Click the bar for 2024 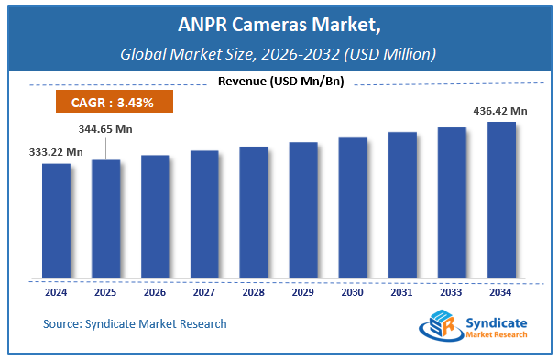[x=56, y=221]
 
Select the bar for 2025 [x=105, y=219]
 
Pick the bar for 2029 [x=303, y=210]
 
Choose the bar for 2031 [x=402, y=205]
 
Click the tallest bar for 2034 [x=500, y=200]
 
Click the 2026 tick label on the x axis [x=155, y=293]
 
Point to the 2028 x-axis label [x=254, y=293]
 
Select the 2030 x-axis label [x=353, y=293]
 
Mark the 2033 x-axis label [x=452, y=293]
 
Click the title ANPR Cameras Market [x=279, y=24]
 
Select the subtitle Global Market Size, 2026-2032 [x=279, y=53]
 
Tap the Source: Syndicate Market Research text [x=135, y=324]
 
